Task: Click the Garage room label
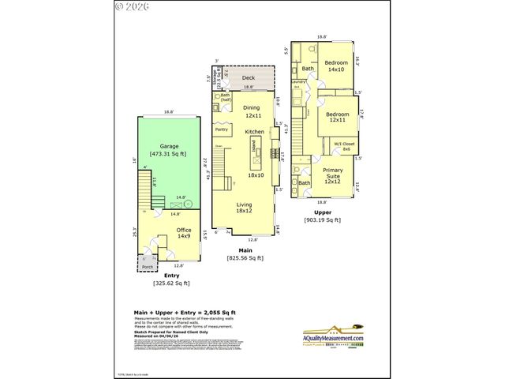[x=169, y=146]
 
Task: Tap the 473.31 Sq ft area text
[x=169, y=154]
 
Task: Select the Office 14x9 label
[x=183, y=233]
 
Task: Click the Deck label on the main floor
[x=248, y=78]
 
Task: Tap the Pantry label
[x=221, y=129]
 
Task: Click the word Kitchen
[x=253, y=131]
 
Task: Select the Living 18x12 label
[x=245, y=207]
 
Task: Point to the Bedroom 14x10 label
[x=336, y=66]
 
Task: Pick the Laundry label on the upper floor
[x=298, y=81]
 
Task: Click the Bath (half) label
[x=225, y=98]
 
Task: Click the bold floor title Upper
[x=322, y=212]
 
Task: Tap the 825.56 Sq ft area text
[x=245, y=257]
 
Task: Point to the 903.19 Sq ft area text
[x=322, y=220]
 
